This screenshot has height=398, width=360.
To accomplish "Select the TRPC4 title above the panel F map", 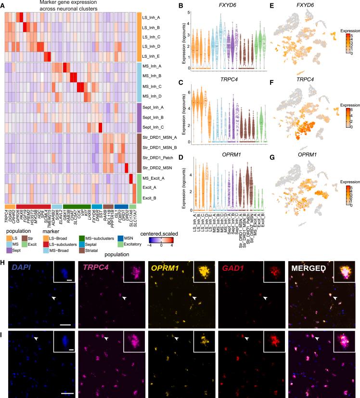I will coord(311,76).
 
